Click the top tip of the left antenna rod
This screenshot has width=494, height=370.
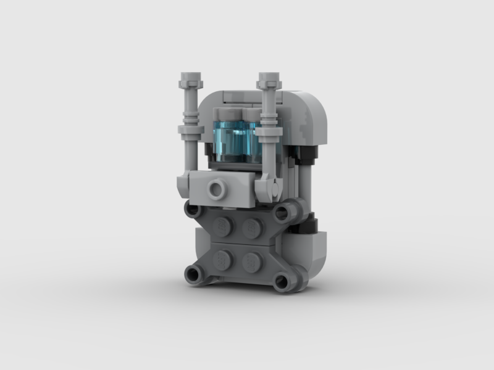(x=191, y=79)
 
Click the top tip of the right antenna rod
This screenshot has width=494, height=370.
(x=270, y=79)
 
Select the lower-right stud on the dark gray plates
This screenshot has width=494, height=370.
(x=252, y=262)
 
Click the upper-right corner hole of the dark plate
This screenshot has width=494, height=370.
(x=283, y=213)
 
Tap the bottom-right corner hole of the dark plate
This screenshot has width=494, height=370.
(x=282, y=282)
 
